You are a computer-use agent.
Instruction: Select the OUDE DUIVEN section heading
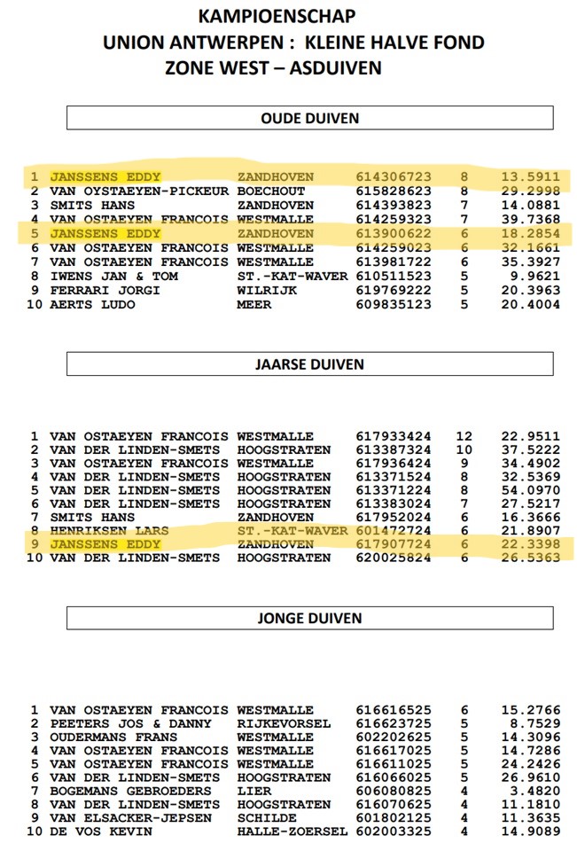tap(309, 118)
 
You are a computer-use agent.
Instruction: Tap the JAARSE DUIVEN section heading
tap(309, 363)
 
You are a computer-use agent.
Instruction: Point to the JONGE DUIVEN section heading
tap(309, 618)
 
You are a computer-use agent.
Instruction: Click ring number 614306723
tap(394, 176)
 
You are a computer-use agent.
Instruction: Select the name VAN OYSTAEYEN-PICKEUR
tap(139, 191)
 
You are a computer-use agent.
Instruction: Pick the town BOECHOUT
tap(271, 191)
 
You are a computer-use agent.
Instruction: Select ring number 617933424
tap(394, 436)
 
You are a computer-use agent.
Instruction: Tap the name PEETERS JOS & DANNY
tap(130, 723)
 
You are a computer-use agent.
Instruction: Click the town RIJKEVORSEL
tap(284, 723)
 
